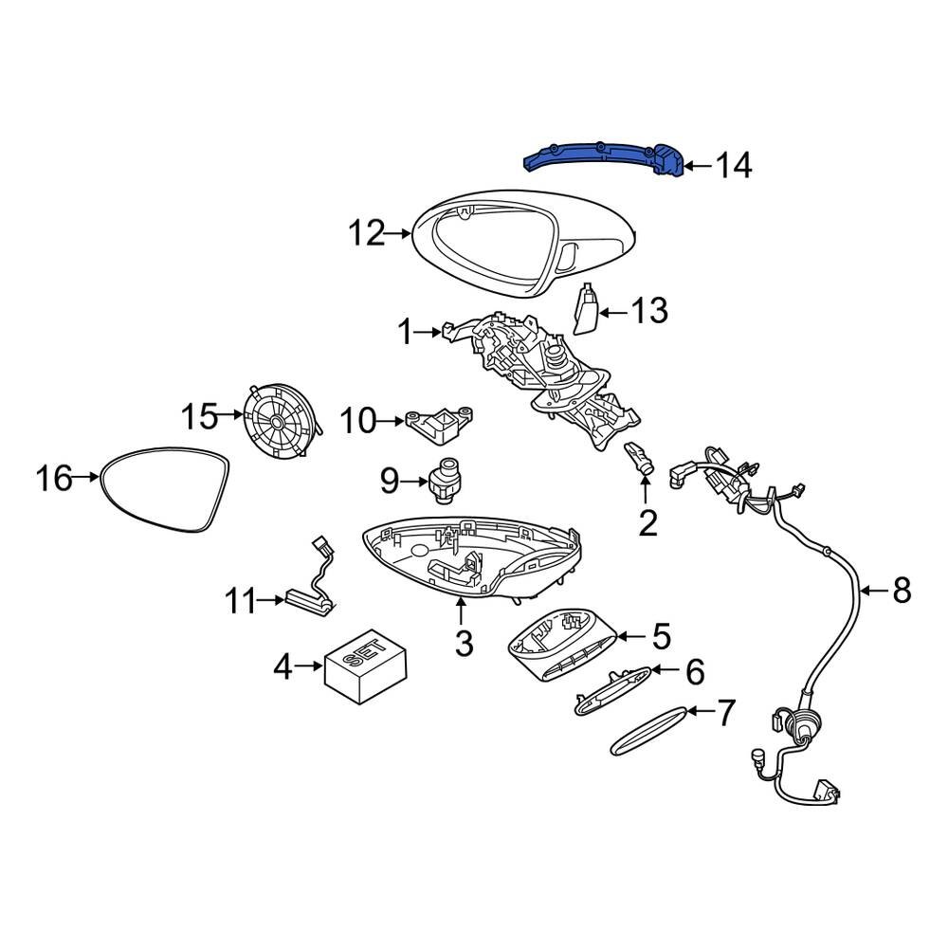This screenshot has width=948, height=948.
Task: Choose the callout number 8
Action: pos(901,592)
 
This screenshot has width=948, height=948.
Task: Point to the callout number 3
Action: pos(463,644)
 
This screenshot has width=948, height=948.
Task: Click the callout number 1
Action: pos(405,332)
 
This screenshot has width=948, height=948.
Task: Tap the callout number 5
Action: pos(660,635)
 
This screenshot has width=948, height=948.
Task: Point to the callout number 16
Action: pos(55,479)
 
